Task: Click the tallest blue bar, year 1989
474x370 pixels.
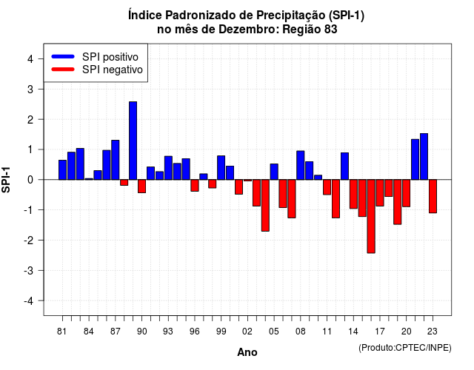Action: [133, 141]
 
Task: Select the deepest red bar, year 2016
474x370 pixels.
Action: [371, 216]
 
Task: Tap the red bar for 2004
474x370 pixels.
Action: [265, 206]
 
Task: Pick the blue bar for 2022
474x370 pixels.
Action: [424, 156]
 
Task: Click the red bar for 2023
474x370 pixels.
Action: [433, 196]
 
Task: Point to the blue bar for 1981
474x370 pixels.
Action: [62, 169]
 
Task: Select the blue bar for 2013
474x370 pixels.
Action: [344, 166]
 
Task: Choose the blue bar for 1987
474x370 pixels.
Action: [116, 160]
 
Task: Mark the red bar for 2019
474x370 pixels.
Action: [397, 202]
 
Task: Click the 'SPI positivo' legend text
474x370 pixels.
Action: [110, 57]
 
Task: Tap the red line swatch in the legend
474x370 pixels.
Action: [63, 70]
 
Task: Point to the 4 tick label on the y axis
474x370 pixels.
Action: [30, 59]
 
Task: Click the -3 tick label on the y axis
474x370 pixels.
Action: [29, 270]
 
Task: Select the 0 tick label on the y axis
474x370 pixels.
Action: [30, 180]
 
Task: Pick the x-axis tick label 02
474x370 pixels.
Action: [247, 332]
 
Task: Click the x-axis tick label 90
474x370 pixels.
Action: [141, 332]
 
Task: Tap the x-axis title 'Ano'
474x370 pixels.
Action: [247, 352]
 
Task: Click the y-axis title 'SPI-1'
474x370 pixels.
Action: [6, 180]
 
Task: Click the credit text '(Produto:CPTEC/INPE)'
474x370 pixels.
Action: [405, 348]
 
